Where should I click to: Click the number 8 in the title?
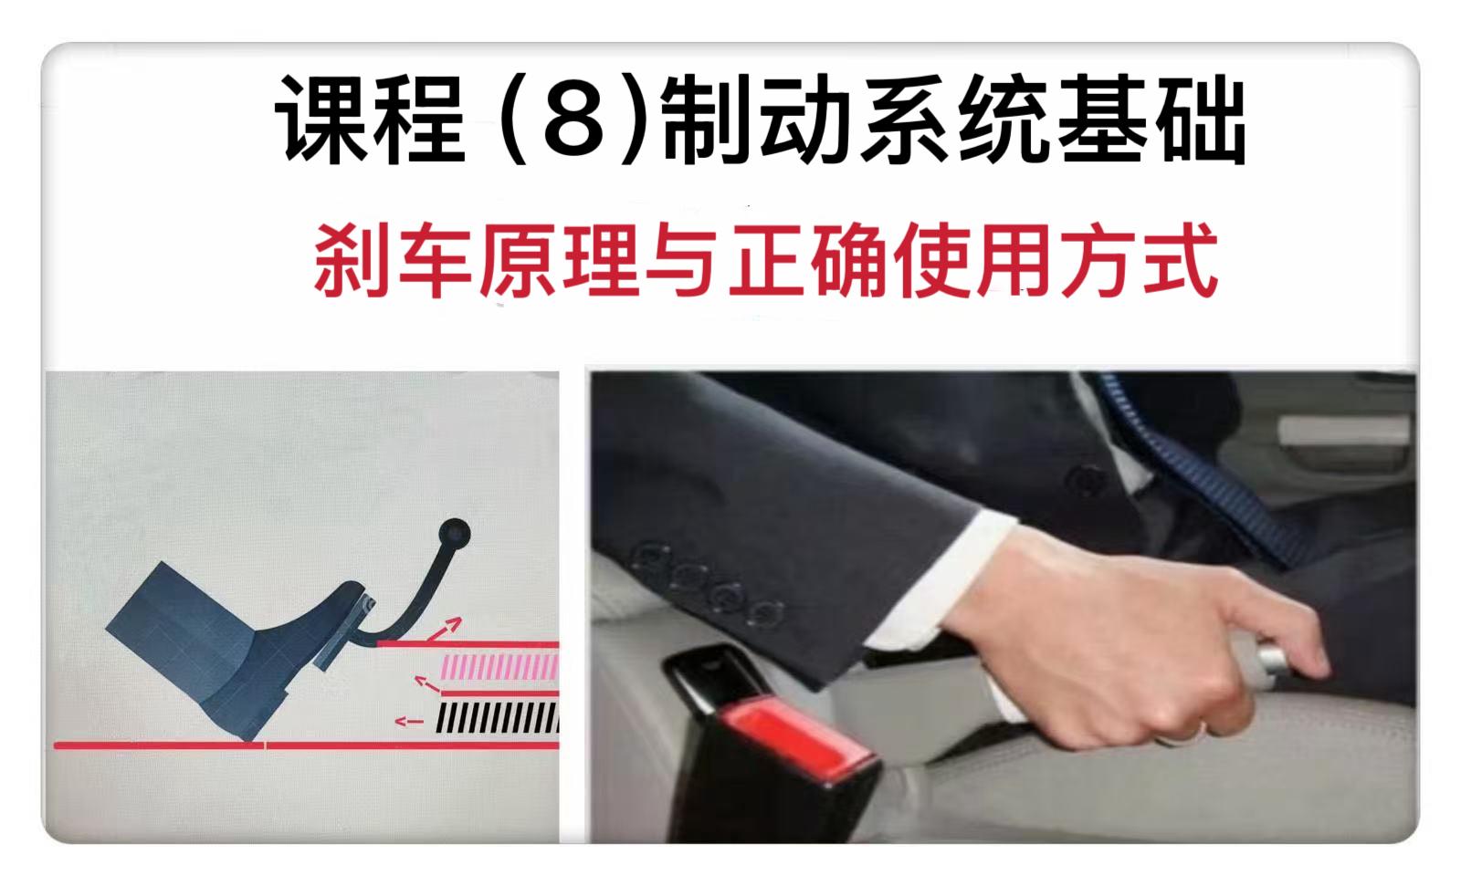574,120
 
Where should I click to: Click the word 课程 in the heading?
371,120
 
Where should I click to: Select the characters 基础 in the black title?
1151,120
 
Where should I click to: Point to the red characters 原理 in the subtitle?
558,260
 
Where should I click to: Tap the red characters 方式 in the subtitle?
1139,260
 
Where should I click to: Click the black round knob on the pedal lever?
455,533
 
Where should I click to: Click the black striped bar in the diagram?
498,717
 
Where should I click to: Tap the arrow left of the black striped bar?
410,721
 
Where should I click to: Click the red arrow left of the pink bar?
428,684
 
